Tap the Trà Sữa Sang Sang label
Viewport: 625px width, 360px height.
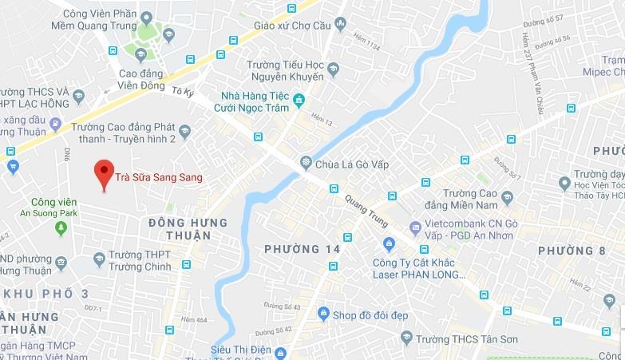click(x=158, y=177)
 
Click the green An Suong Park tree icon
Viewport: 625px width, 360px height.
click(x=61, y=228)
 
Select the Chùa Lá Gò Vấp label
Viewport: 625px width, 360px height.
click(x=349, y=164)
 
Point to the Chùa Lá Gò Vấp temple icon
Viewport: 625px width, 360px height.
click(x=305, y=164)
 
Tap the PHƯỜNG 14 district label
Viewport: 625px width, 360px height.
click(x=303, y=250)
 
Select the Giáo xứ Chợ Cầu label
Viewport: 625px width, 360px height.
click(x=292, y=25)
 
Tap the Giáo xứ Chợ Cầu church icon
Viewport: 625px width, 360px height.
click(x=341, y=25)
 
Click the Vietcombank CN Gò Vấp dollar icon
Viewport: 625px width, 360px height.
click(x=414, y=228)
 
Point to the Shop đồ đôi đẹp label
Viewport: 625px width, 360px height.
click(x=370, y=315)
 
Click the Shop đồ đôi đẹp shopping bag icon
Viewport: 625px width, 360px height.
click(x=322, y=314)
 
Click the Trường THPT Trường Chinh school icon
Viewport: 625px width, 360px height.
click(x=99, y=259)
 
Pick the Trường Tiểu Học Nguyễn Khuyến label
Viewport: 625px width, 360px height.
click(x=285, y=70)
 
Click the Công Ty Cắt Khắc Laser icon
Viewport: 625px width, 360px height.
click(x=389, y=243)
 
